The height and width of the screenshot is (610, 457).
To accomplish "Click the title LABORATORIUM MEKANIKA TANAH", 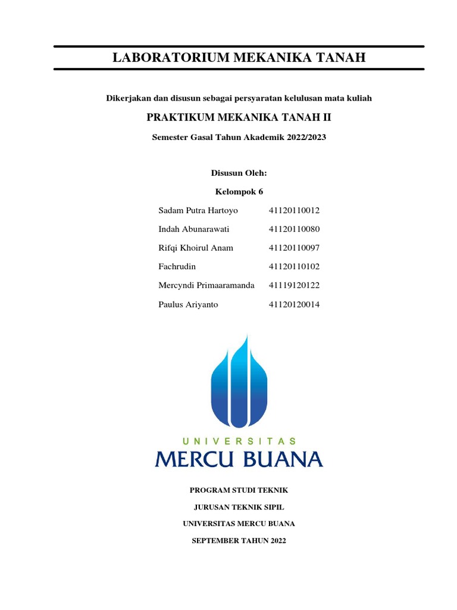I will [239, 58].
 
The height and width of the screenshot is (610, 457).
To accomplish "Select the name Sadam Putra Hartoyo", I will [198, 211].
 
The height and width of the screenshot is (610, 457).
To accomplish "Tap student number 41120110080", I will [294, 229].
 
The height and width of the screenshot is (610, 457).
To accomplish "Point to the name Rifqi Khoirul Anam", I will [196, 248].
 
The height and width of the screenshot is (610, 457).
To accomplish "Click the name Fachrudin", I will [177, 267].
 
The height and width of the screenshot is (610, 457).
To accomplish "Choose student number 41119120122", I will [294, 285].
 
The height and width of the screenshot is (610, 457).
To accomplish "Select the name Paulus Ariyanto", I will [188, 304].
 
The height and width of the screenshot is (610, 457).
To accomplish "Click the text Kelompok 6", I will [239, 192].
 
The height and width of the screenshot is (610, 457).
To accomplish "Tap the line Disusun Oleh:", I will [239, 173].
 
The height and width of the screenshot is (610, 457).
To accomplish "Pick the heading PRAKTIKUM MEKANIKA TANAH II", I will [239, 118].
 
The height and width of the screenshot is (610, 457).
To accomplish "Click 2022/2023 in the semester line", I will [305, 137].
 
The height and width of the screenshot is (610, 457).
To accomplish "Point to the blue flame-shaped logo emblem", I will [239, 381].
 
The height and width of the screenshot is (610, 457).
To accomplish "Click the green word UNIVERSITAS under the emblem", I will [239, 441].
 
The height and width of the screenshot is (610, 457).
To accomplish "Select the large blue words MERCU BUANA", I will [239, 459].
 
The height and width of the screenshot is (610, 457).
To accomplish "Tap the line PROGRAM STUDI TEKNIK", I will [239, 490].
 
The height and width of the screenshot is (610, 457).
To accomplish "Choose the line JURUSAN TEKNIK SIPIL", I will [239, 508].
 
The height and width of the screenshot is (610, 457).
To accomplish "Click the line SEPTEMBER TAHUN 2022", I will [239, 541].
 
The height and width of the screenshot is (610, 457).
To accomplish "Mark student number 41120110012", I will [294, 211].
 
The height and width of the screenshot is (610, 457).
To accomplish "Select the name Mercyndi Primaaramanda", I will [206, 285].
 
